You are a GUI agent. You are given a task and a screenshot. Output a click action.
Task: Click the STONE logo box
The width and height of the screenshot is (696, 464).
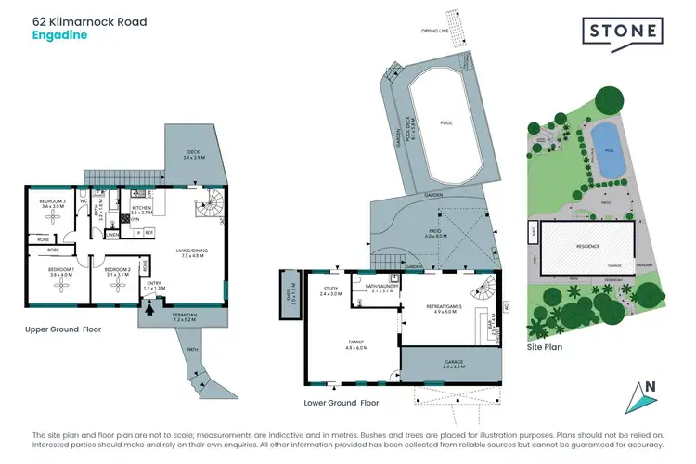coord(622,31)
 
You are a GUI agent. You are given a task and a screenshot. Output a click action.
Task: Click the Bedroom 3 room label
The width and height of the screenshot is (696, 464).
coord(52,203)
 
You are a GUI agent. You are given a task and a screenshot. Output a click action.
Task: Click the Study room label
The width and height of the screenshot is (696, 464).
coord(331,290)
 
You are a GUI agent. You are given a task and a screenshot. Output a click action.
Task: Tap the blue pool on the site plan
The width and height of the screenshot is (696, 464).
coord(607,150)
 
